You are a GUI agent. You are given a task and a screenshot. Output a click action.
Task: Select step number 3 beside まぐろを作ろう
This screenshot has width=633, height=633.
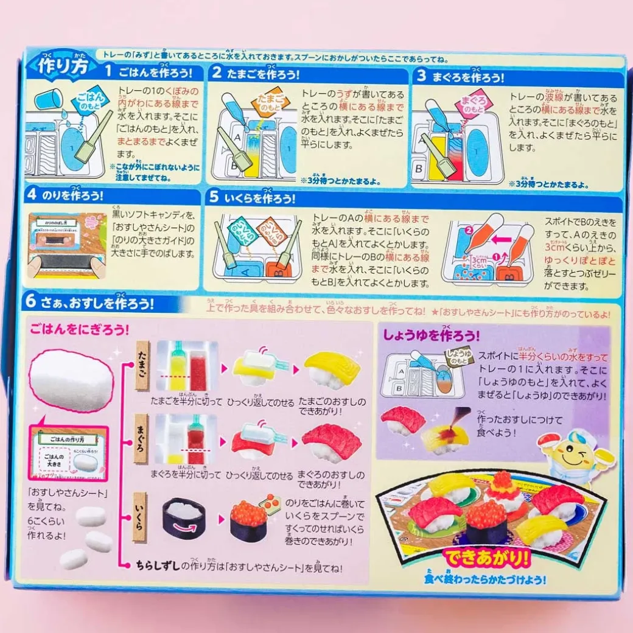tap(421, 75)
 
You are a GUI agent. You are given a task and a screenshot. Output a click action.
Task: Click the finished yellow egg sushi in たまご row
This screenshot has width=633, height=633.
tap(332, 369)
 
